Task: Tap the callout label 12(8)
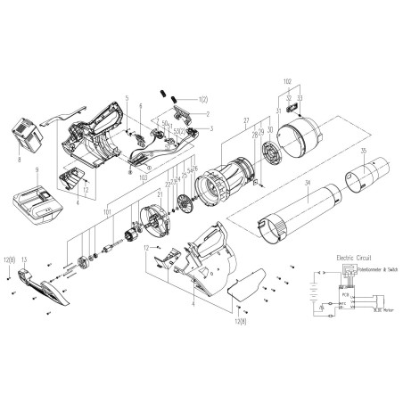click(x=9, y=259)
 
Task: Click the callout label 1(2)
click(x=202, y=98)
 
